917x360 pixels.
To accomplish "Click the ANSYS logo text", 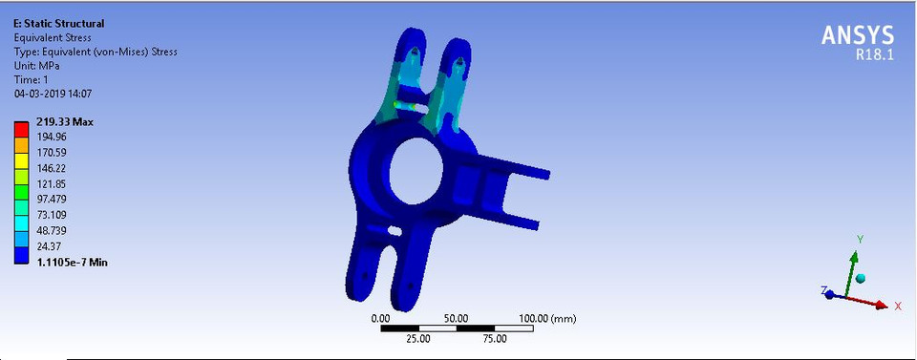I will tap(858, 35).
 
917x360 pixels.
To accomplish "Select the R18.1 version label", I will tap(874, 55).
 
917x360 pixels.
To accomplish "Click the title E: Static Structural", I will tap(59, 23).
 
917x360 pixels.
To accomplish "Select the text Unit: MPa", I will tap(39, 66).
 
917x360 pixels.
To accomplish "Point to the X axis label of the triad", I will tap(898, 306).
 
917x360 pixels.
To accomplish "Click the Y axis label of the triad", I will tap(860, 239).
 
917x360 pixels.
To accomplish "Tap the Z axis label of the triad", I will tap(823, 289).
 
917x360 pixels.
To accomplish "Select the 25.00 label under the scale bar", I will tap(418, 339).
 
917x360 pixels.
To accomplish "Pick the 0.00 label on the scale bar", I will tap(380, 318).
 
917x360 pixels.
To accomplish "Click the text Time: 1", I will tap(32, 80).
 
